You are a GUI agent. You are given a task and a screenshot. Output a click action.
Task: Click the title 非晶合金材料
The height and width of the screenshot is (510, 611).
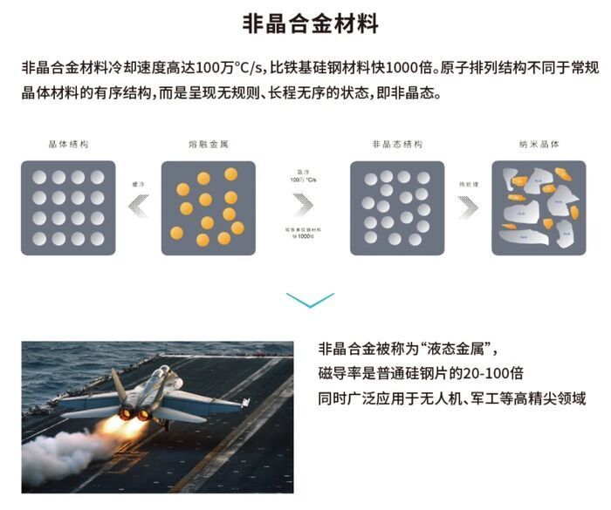pos(311,24)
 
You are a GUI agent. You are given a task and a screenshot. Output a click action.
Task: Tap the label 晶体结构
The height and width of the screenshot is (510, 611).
pos(68,144)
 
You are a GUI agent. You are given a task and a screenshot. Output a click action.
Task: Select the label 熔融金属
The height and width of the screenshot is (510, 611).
pos(208,144)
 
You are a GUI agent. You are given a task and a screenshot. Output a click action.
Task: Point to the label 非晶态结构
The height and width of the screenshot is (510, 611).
pos(397,144)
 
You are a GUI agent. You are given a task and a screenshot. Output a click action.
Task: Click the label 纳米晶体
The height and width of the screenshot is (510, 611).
pos(539,144)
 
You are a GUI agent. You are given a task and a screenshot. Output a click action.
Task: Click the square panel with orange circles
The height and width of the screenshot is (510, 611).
pos(209,207)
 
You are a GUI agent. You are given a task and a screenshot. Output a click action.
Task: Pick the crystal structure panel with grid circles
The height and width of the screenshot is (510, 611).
pos(68,207)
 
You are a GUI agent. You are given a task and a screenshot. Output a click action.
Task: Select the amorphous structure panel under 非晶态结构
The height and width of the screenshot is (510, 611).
pos(397,207)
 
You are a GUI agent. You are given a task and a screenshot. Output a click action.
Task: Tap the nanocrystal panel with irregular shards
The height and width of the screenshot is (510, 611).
pos(539,207)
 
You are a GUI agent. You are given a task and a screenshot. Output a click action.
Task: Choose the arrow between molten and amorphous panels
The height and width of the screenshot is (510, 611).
pos(303,204)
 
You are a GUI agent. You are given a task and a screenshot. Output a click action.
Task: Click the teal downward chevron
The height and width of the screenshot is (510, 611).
pos(310,301)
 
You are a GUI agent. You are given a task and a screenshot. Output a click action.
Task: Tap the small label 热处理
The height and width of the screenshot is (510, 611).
pos(468,184)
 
